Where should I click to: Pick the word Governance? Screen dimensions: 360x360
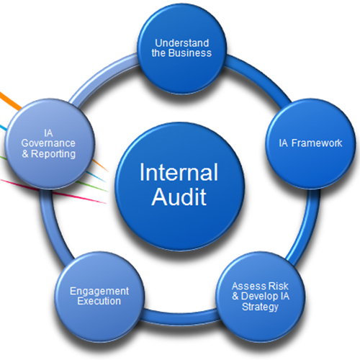click(48, 143)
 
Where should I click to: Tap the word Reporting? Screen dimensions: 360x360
click(55, 154)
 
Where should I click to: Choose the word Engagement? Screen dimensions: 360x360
click(99, 291)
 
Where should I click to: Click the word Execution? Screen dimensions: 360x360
click(99, 301)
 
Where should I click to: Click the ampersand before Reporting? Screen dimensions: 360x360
click(27, 154)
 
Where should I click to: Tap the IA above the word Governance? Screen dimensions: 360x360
click(48, 132)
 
